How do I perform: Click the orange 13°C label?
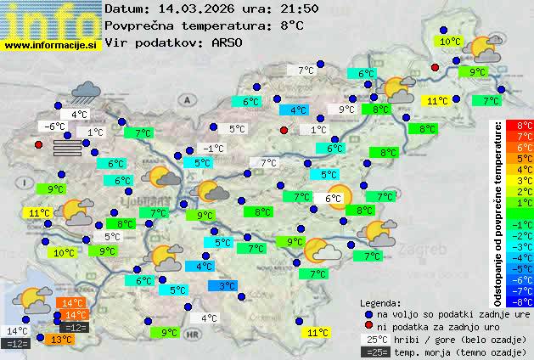[61, 340]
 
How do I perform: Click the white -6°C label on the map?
[55, 127]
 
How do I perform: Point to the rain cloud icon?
[87, 91]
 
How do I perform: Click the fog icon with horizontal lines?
[69, 148]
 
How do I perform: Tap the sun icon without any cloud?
[338, 196]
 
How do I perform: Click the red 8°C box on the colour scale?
[525, 126]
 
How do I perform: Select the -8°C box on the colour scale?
[525, 301]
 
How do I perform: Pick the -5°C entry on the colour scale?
[525, 267]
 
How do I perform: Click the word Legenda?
[380, 303]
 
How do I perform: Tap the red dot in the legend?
[368, 326]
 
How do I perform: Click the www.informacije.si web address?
[50, 45]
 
